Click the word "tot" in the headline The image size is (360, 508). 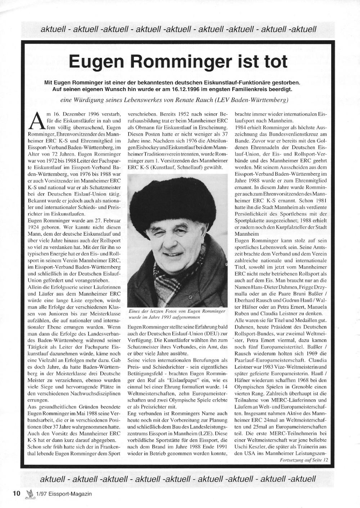click(274, 61)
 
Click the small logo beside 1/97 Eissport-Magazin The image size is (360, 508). click(30, 493)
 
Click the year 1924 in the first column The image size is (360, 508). click(36, 227)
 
